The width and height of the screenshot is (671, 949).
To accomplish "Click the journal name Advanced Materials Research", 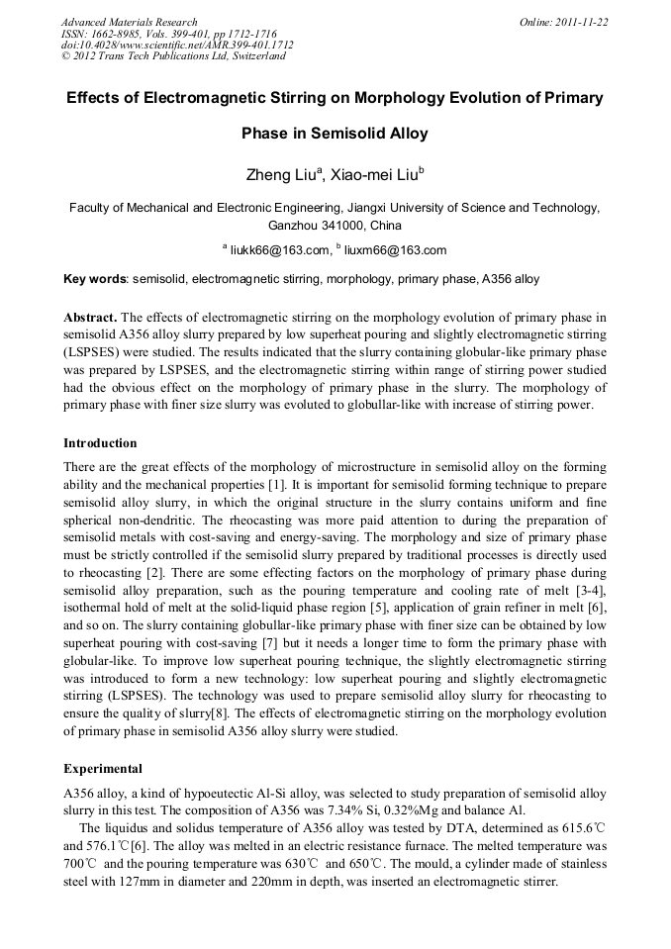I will tap(129, 22).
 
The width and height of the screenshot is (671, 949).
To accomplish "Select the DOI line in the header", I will tap(176, 45).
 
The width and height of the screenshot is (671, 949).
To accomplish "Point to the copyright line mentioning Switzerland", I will tap(173, 56).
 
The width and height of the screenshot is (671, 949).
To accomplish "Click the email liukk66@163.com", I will tap(279, 250).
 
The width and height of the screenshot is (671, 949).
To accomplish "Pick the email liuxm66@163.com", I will tap(395, 250).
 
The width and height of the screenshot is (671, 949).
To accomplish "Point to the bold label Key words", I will tap(95, 279).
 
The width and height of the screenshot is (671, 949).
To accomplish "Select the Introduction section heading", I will tap(100, 442).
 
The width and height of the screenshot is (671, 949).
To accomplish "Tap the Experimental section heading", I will tap(103, 768).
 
